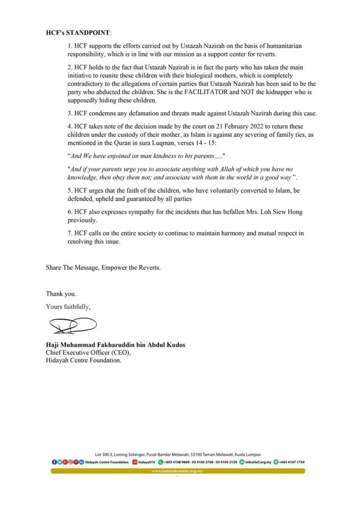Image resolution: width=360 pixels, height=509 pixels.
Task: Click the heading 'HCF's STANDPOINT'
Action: coord(78,33)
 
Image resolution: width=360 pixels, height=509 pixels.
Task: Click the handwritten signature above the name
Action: coord(73,326)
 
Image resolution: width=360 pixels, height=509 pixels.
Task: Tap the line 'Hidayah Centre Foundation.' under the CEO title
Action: coord(84,360)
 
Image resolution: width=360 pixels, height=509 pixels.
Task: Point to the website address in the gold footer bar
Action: coord(178,471)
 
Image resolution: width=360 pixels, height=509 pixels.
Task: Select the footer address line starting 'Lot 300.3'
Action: coord(178,454)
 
